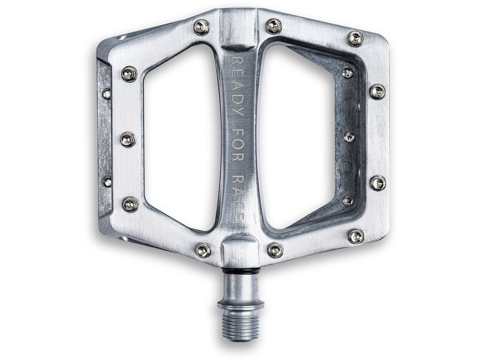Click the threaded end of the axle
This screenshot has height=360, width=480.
click(x=241, y=323)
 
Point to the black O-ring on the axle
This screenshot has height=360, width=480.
click(x=242, y=271)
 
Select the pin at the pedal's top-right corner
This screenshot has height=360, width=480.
click(x=355, y=38)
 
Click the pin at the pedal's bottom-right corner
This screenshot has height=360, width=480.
click(x=355, y=236)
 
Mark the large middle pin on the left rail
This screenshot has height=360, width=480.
click(x=128, y=139)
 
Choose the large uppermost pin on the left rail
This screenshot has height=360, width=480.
click(x=129, y=74)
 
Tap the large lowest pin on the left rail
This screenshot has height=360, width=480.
click(x=130, y=204)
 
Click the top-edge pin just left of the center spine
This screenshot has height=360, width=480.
click(x=201, y=26)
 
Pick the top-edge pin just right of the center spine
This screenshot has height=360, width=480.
click(x=274, y=26)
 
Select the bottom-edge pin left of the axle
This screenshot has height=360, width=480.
click(x=203, y=250)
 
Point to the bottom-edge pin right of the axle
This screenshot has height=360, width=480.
click(x=275, y=250)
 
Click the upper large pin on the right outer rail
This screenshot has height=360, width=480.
click(x=377, y=91)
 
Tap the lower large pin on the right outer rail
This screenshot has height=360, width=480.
click(x=377, y=183)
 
